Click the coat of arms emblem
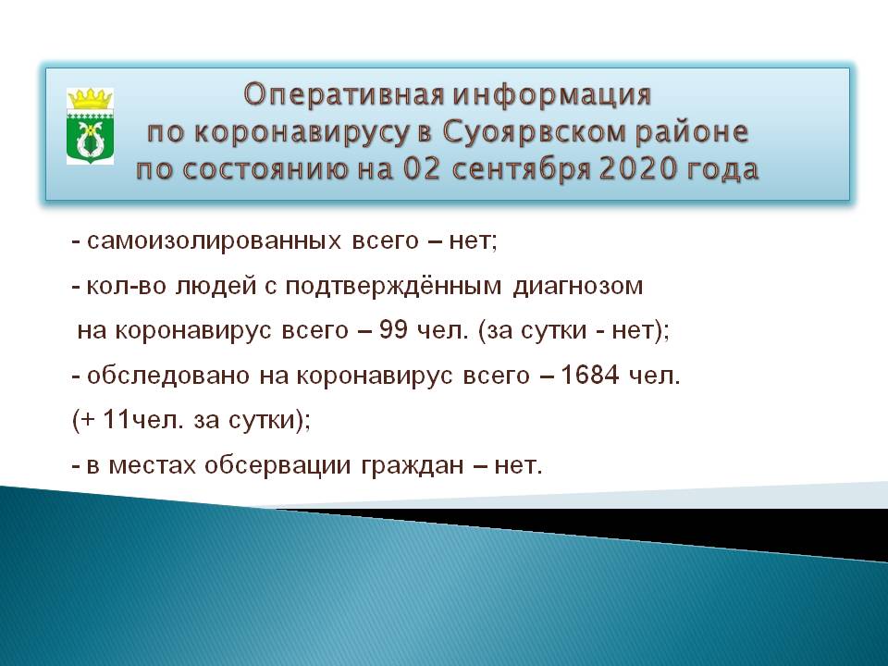click(90, 126)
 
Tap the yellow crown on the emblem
click(90, 99)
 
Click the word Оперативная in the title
click(344, 94)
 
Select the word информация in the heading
click(552, 94)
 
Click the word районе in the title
click(692, 133)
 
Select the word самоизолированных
click(214, 241)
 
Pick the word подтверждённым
click(393, 286)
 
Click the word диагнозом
click(577, 287)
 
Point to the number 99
click(394, 329)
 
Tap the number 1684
click(589, 375)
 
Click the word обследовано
click(168, 375)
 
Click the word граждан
click(413, 466)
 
